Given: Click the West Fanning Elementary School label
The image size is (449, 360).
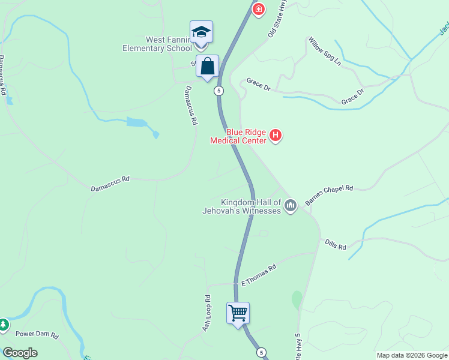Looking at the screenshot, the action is (157, 44).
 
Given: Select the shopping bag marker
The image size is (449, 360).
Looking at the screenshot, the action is (207, 67).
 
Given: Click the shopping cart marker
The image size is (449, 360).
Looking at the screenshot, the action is (238, 313).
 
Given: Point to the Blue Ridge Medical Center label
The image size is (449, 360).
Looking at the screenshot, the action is (238, 136).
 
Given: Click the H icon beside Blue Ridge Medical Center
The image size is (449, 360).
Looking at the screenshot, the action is (276, 136).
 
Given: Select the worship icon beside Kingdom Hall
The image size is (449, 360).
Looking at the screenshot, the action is (291, 206).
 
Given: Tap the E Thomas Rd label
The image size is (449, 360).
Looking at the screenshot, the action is (258, 275).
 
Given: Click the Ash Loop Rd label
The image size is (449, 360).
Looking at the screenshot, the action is (207, 313).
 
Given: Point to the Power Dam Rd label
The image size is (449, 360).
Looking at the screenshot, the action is (37, 335).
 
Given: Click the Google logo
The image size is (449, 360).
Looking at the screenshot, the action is (20, 353).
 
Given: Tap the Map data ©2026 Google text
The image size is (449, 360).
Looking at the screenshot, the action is (412, 355).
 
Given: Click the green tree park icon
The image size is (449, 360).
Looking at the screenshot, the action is (3, 325).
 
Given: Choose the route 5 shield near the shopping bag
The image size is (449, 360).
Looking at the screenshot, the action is (219, 91).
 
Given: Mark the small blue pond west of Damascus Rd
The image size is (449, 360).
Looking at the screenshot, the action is (136, 123).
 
